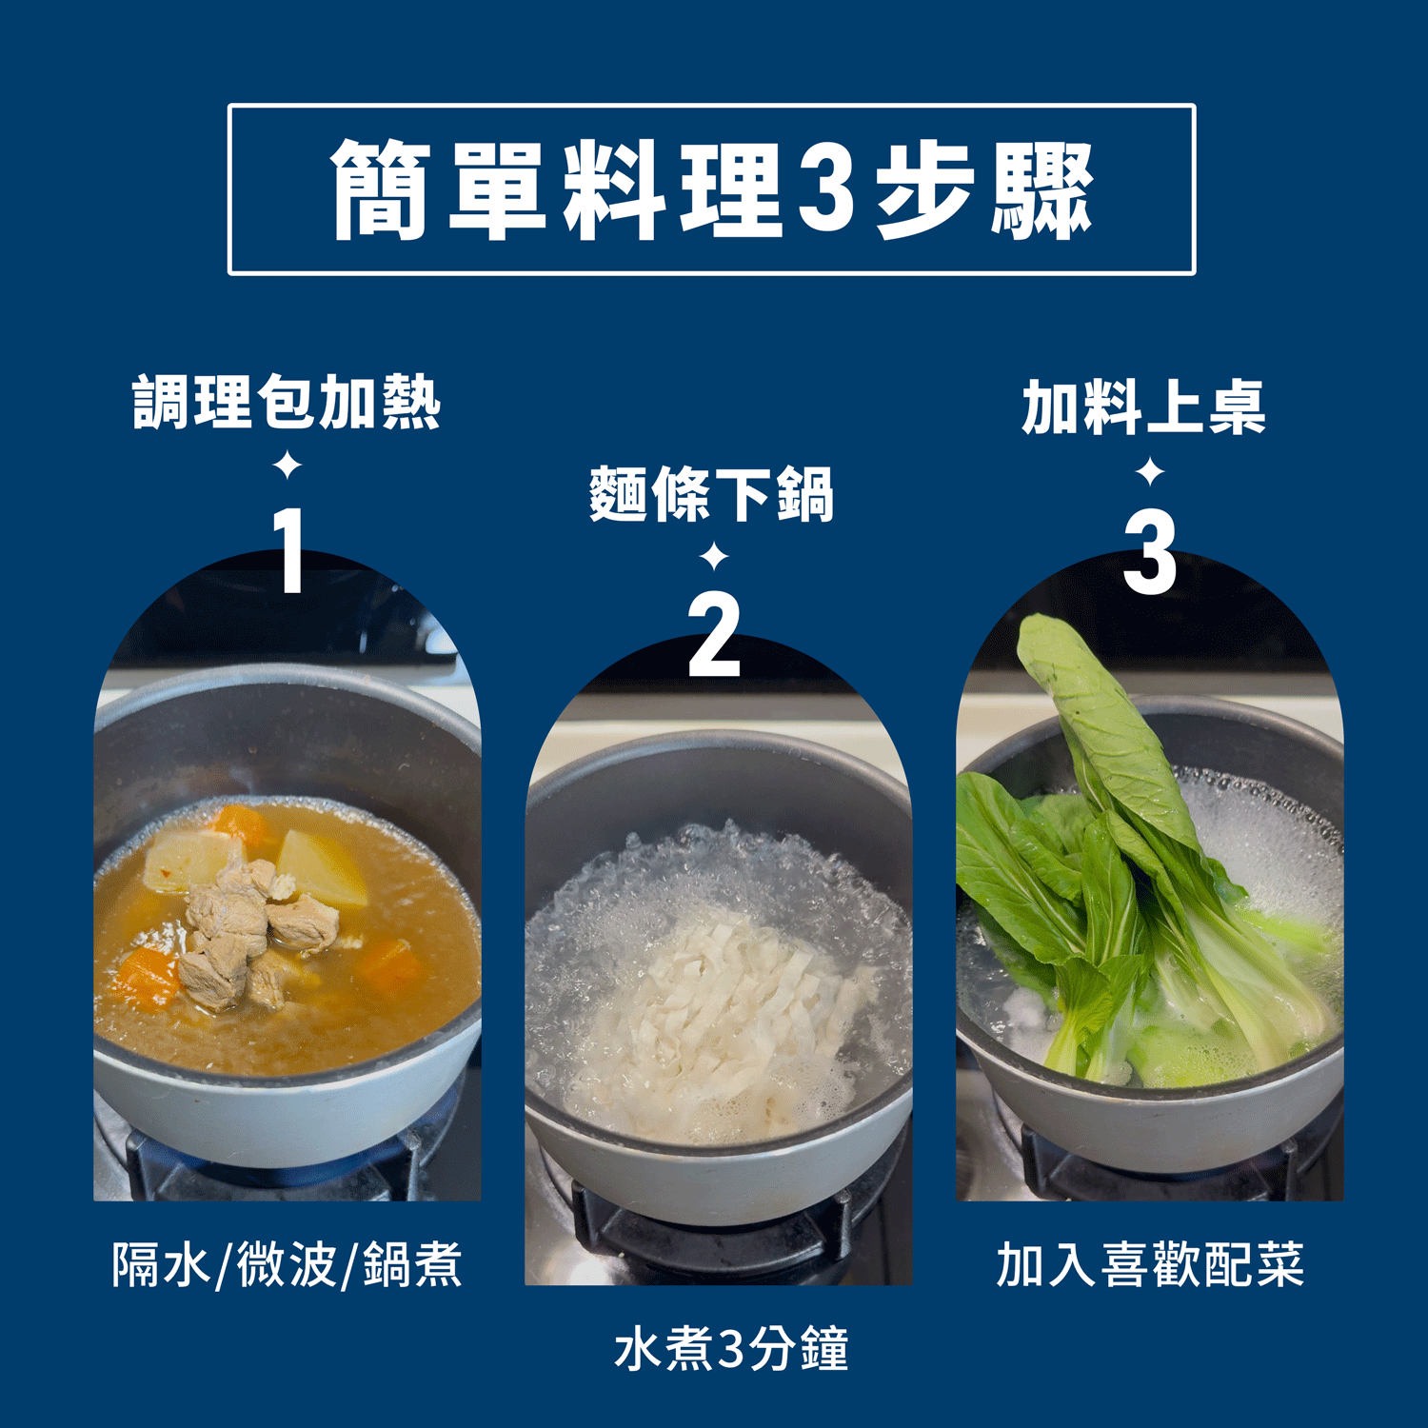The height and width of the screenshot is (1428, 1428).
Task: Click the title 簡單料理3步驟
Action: coord(712,189)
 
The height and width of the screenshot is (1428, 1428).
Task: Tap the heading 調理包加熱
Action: coord(287,402)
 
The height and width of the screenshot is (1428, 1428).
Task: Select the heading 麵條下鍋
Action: coord(712,493)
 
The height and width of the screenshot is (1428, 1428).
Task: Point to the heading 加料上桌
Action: coord(1144,407)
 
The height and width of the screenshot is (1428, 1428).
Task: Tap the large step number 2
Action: coord(714,634)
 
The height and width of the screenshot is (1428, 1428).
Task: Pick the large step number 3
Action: coord(1150,552)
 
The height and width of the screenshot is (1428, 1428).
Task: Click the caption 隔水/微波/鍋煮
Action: coord(287,1265)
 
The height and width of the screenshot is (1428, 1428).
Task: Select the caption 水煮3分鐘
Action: coord(731,1349)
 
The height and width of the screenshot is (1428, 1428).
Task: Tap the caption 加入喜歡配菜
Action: coord(1150,1264)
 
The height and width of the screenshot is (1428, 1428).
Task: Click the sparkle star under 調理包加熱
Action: coord(287,466)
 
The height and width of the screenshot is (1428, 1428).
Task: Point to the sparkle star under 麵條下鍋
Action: coord(714,556)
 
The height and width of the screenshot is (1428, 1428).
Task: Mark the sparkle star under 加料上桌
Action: coord(1150,471)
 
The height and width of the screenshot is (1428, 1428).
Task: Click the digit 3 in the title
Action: coord(825,189)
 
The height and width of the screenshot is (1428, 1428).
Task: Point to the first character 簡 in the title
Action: coord(380,189)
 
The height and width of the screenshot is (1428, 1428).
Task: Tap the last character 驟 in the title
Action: coord(1043,189)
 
